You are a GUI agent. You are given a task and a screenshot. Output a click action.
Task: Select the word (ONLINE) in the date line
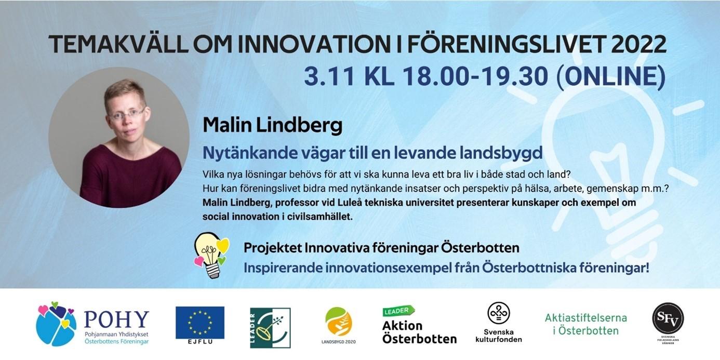611,76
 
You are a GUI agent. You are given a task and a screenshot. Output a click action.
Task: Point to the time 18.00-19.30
475,76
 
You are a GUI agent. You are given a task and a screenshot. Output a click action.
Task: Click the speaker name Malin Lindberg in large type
273,125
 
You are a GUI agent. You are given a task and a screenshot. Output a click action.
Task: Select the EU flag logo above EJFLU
200,323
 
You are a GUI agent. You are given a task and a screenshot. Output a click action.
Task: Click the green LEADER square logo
270,328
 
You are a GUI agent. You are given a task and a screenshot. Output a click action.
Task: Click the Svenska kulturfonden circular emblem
499,313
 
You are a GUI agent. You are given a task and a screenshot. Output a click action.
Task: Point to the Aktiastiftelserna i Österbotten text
586,324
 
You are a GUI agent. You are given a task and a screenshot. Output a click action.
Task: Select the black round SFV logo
668,318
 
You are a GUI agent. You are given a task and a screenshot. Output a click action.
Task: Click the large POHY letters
117,319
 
